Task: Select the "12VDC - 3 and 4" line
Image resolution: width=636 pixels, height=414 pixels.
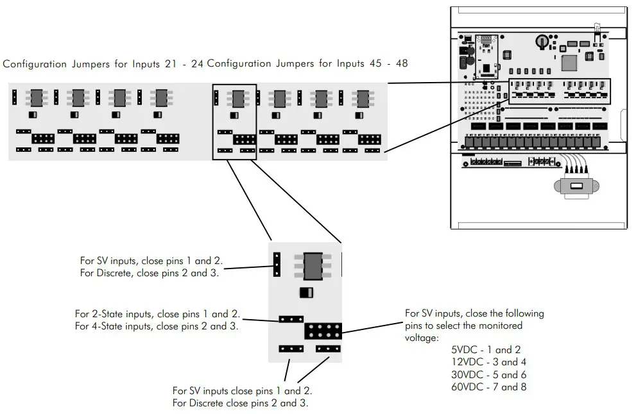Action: [x=488, y=362]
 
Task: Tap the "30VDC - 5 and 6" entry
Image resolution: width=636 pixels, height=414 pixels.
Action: [x=488, y=374]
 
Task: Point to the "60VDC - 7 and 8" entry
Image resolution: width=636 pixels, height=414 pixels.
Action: [x=488, y=386]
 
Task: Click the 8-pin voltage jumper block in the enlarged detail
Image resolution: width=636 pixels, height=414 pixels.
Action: [x=322, y=331]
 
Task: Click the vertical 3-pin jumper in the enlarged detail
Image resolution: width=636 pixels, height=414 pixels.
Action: [x=277, y=263]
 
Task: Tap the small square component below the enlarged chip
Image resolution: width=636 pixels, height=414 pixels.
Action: [x=305, y=293]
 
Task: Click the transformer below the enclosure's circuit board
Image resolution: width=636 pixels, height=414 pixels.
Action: [x=576, y=186]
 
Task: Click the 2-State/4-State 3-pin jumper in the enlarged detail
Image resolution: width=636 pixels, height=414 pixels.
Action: [x=291, y=318]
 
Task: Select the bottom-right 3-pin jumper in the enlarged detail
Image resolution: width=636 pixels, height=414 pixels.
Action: [x=328, y=349]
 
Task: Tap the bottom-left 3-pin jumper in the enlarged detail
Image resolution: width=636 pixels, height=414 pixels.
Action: [x=291, y=349]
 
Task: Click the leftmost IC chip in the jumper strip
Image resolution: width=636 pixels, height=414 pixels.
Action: [x=36, y=98]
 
